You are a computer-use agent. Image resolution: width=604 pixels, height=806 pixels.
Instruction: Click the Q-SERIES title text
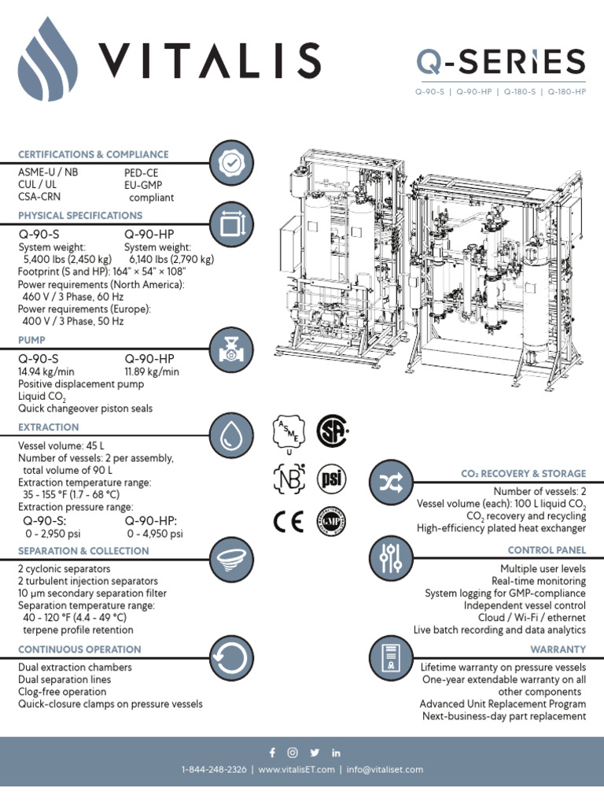point(500,61)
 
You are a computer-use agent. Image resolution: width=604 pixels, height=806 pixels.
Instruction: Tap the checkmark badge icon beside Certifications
point(230,163)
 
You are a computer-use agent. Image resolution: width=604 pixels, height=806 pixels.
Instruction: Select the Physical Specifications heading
point(80,216)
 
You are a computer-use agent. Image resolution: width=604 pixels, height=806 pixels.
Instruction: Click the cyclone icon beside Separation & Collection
point(230,557)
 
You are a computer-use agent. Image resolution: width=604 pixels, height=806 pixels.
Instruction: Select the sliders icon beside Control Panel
point(390,558)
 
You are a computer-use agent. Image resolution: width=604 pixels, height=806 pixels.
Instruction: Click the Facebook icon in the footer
point(272,752)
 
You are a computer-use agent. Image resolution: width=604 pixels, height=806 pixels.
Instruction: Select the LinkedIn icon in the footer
point(337,752)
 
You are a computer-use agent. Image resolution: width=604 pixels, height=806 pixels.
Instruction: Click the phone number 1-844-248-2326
point(212,770)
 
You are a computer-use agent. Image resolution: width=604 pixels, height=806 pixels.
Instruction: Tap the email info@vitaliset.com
point(385,770)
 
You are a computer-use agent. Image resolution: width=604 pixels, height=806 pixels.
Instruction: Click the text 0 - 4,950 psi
point(154,534)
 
